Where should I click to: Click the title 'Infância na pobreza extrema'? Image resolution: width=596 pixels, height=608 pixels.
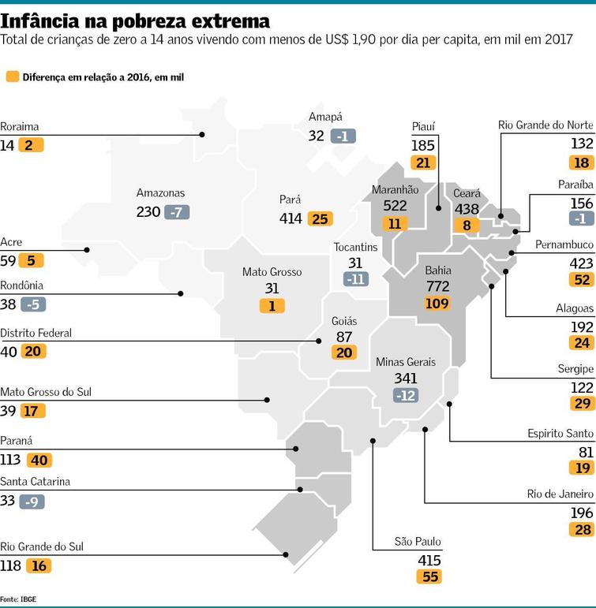coord(135,21)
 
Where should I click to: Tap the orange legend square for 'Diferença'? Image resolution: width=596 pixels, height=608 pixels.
coord(13,76)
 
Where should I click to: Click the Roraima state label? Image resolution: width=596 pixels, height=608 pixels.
coord(20,127)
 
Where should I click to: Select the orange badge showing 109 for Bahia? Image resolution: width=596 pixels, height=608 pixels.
coord(437,304)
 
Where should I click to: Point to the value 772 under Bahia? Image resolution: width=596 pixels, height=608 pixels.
coord(437,286)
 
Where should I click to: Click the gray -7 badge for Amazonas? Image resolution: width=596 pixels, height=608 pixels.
coord(177,212)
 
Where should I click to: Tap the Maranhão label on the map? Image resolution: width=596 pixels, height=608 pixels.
coord(395,189)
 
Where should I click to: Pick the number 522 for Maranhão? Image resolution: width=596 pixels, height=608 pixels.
coord(395,206)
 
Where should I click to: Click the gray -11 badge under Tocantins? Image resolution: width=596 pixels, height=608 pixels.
coord(356,279)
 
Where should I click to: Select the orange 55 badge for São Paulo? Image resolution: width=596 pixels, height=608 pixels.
coord(429,576)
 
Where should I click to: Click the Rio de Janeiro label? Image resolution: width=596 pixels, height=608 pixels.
coord(560,494)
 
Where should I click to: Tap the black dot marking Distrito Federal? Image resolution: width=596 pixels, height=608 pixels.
coord(318,341)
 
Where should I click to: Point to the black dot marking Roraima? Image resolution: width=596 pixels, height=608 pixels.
coord(202,135)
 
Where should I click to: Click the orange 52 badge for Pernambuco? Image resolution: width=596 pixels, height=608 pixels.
coord(582,280)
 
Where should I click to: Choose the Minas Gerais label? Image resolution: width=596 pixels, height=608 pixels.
coord(405,362)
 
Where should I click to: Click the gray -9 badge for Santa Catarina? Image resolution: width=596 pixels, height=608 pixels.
coord(32,502)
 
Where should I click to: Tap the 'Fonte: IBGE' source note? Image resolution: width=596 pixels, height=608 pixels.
coord(18,599)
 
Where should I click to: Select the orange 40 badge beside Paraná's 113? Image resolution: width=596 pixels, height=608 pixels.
coord(39,461)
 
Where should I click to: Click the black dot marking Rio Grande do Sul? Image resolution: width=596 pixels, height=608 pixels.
coord(286,555)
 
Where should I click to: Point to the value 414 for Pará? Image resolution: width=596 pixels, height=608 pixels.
coord(291,218)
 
